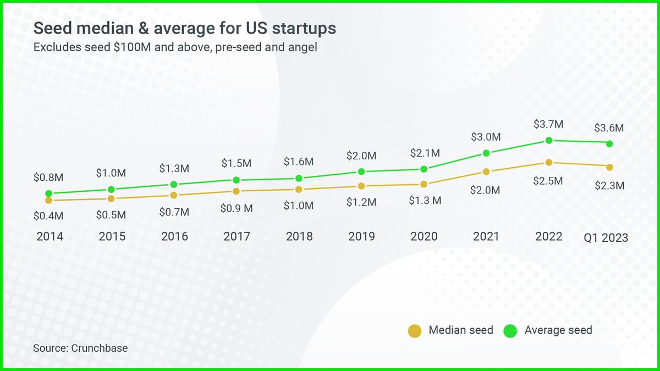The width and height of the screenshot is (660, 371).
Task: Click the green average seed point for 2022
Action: pyautogui.click(x=548, y=140)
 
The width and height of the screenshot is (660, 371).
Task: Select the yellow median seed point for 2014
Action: pyautogui.click(x=48, y=201)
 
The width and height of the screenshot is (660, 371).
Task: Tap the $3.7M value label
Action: pyautogui.click(x=548, y=124)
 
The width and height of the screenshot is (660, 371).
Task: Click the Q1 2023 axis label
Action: pyautogui.click(x=606, y=237)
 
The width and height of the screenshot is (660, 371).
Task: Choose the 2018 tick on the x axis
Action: pyautogui.click(x=299, y=236)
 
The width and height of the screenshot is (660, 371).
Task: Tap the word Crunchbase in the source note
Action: pyautogui.click(x=100, y=348)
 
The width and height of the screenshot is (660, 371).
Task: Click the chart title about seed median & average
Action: pyautogui.click(x=185, y=28)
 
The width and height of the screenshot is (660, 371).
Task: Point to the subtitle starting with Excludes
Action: pyautogui.click(x=175, y=47)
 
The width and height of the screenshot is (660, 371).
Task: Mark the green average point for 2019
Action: pyautogui.click(x=361, y=171)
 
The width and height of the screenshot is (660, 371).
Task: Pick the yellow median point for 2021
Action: pyautogui.click(x=486, y=171)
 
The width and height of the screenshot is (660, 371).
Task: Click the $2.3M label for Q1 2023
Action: pyautogui.click(x=609, y=186)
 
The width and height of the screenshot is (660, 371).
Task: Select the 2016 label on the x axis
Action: pyautogui.click(x=174, y=236)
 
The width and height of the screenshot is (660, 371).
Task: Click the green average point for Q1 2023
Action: pyautogui.click(x=609, y=143)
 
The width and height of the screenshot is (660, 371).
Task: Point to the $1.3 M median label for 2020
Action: pyautogui.click(x=425, y=201)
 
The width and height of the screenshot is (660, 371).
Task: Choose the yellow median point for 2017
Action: pyautogui.click(x=236, y=191)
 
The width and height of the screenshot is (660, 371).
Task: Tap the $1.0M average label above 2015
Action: pyautogui.click(x=111, y=173)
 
